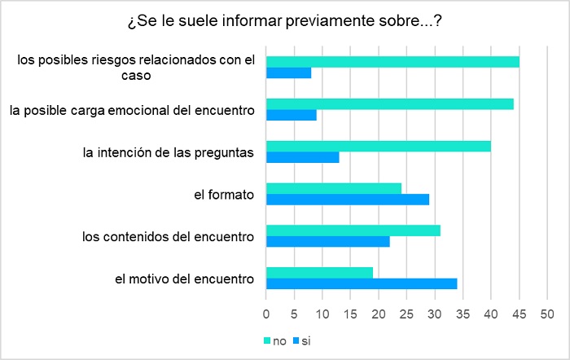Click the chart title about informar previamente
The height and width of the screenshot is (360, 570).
(284, 21)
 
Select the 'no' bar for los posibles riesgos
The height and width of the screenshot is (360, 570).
(392, 61)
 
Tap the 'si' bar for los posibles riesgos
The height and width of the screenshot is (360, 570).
(289, 72)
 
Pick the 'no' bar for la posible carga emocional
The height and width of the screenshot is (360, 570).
(390, 103)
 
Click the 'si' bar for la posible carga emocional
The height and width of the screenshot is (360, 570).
(292, 115)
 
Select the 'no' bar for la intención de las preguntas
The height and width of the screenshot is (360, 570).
(379, 146)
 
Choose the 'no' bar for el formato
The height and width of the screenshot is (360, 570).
(334, 188)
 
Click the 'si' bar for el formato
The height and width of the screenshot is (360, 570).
(348, 200)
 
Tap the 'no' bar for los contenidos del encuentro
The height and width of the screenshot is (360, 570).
(353, 230)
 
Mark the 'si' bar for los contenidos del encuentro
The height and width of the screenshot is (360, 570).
(328, 242)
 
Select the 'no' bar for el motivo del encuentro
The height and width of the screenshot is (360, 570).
(320, 273)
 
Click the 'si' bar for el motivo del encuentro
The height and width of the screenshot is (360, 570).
(362, 284)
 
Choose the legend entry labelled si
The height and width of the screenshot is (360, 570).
(301, 340)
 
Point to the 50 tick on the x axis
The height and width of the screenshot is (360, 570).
(546, 314)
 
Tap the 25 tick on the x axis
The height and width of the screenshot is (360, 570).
(406, 314)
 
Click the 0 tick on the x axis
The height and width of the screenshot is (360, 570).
(266, 314)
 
